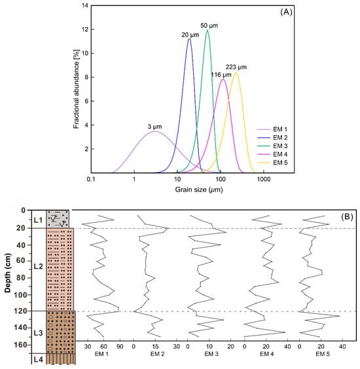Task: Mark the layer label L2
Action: tap(37, 267)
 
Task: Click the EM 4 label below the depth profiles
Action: tap(266, 354)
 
